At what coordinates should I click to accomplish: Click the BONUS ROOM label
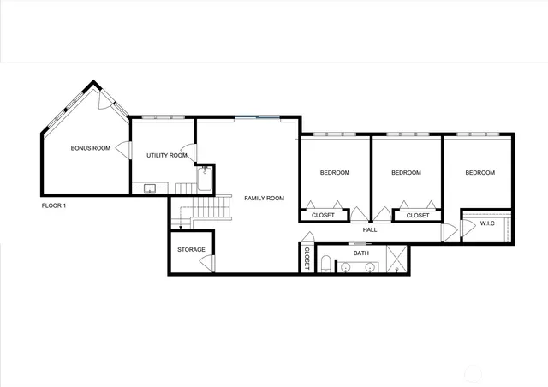coord(90,148)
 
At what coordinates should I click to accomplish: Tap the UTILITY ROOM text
coord(166,155)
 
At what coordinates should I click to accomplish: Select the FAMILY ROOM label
coord(264,198)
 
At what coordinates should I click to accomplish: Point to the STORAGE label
coord(191,249)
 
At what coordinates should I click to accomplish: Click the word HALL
coord(370,229)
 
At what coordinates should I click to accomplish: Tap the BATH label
coord(361,253)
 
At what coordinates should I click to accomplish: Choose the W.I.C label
coord(487,223)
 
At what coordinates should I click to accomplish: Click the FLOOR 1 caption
coord(54,205)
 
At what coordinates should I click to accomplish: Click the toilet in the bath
coord(326,264)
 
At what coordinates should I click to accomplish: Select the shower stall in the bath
coord(396,259)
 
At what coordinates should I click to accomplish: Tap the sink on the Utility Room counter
coord(150,188)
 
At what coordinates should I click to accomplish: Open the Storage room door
coord(206,260)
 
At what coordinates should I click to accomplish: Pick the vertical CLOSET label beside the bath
coord(307,259)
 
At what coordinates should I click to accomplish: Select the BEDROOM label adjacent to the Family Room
coord(335,173)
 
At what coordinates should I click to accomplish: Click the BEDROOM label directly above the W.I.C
coord(479,173)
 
